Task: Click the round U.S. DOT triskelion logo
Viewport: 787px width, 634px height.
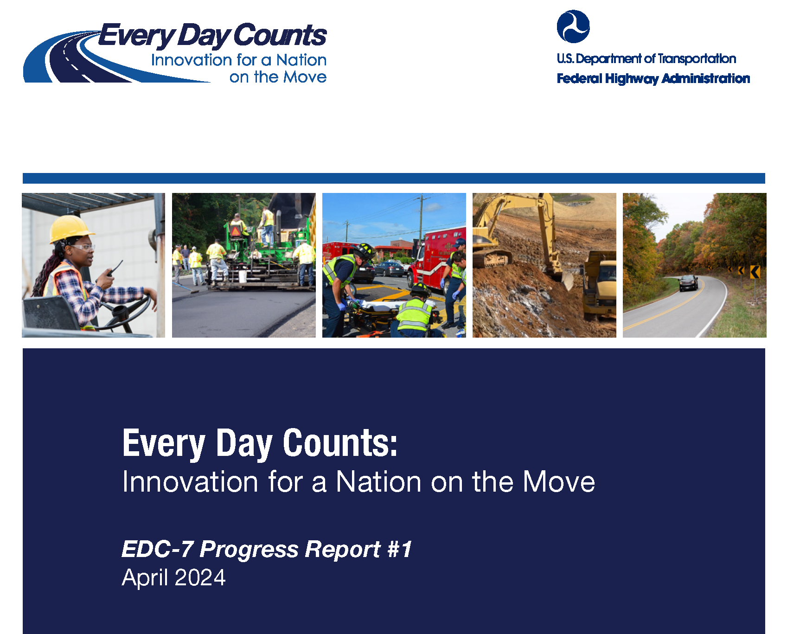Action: pyautogui.click(x=573, y=26)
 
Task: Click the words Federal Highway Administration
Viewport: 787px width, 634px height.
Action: pyautogui.click(x=653, y=78)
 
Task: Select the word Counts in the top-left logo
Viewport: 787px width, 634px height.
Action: pyautogui.click(x=280, y=36)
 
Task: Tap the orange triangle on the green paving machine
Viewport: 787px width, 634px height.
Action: pyautogui.click(x=236, y=231)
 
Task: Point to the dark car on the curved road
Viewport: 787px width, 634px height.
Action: pyautogui.click(x=688, y=282)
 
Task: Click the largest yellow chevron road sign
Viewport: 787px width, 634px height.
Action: pyautogui.click(x=755, y=272)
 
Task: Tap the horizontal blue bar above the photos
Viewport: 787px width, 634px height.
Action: pyautogui.click(x=394, y=178)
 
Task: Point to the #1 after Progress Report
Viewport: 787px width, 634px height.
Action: pyautogui.click(x=400, y=550)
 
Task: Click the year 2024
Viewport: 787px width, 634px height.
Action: pyautogui.click(x=200, y=578)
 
